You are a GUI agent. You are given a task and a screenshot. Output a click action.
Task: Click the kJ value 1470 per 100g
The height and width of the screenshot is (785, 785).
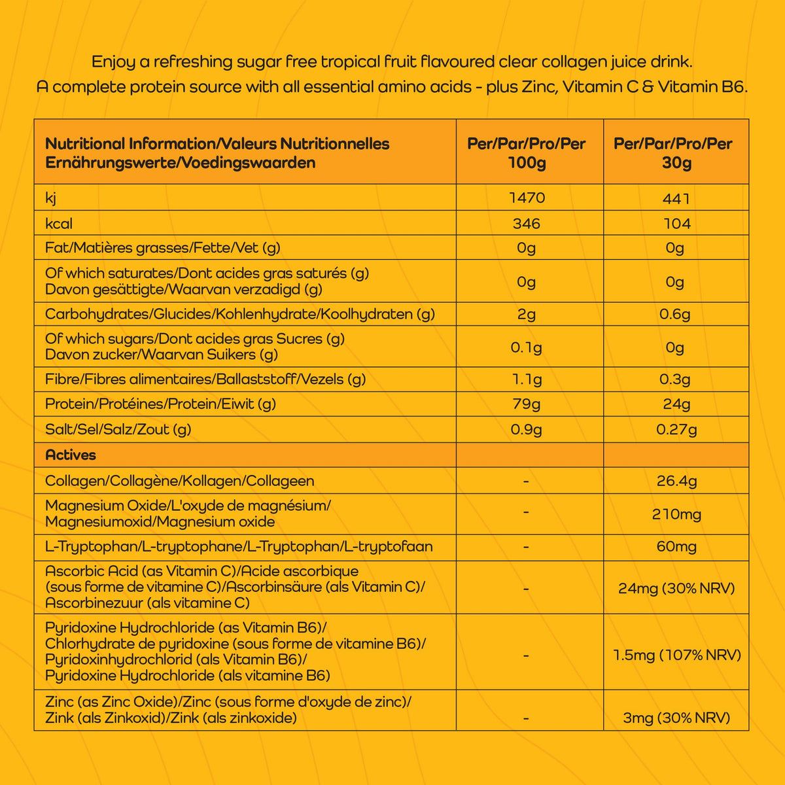click(x=527, y=198)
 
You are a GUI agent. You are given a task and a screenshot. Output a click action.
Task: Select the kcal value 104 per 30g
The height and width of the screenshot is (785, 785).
click(x=676, y=224)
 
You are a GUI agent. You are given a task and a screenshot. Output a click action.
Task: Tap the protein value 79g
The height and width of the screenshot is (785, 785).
click(x=527, y=404)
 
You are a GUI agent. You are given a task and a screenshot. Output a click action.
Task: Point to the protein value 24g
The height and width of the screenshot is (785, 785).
click(x=676, y=404)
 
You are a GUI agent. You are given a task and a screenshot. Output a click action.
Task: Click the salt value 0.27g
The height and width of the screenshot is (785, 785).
click(x=676, y=430)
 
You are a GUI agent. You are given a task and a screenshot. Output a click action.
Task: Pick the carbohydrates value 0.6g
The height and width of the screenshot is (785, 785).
click(x=675, y=315)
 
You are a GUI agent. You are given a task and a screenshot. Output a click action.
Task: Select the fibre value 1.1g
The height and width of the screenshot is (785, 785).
click(x=527, y=379)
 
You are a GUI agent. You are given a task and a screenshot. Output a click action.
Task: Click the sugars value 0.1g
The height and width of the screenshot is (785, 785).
click(x=527, y=347)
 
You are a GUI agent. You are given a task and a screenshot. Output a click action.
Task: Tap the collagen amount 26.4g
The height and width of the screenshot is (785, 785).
click(x=676, y=481)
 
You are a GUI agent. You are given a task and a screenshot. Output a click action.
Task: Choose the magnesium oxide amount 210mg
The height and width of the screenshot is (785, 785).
click(x=676, y=514)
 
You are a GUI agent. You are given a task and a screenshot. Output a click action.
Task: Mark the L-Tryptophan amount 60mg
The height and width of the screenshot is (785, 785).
click(x=676, y=547)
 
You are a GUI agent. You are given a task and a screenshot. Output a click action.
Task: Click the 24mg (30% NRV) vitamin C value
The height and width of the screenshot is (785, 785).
click(x=676, y=588)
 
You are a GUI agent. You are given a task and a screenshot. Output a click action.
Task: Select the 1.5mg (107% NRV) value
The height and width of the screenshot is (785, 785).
click(x=676, y=655)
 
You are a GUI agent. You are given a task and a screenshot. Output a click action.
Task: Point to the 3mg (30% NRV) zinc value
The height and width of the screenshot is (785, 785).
click(x=676, y=718)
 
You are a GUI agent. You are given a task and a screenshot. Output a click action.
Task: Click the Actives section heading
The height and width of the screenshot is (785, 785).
click(x=71, y=455)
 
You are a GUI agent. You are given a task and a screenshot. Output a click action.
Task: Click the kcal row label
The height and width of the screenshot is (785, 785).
click(x=59, y=224)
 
